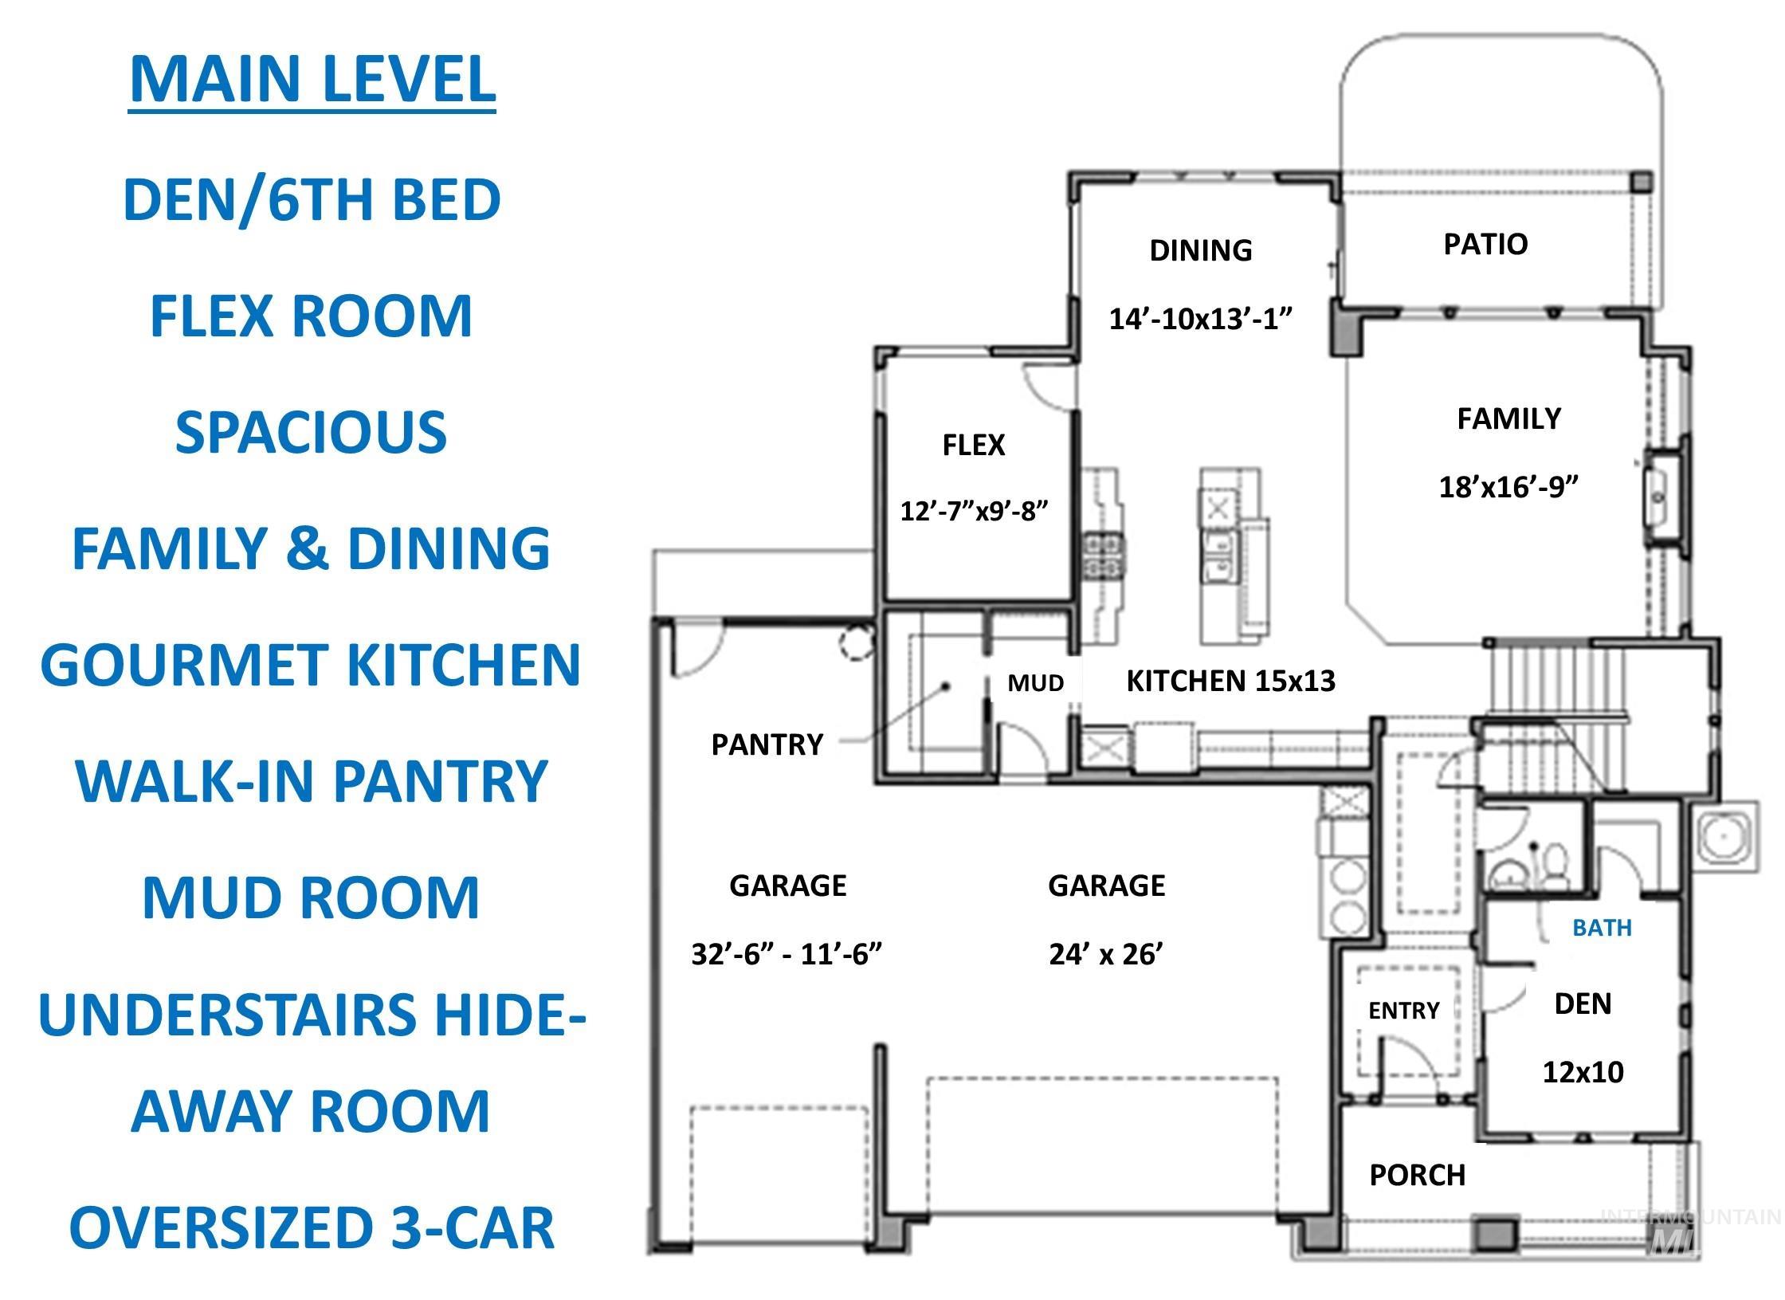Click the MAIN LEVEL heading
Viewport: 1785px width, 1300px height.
tap(312, 80)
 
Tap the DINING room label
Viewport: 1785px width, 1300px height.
tap(1200, 250)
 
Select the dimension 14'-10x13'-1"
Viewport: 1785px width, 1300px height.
tap(1200, 319)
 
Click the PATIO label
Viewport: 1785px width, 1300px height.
tap(1485, 244)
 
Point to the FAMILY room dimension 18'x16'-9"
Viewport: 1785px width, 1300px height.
tap(1508, 486)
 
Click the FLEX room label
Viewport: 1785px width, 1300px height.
tap(973, 445)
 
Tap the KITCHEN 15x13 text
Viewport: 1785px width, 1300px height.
tap(1230, 681)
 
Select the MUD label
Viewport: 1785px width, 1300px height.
tap(1035, 683)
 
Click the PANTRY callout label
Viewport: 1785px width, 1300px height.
tap(767, 744)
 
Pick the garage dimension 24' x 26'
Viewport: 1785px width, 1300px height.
tap(1106, 954)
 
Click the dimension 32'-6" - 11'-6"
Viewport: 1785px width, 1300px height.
tap(787, 954)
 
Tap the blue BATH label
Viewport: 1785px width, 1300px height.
tap(1602, 928)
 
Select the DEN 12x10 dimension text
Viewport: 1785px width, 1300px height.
tap(1583, 1072)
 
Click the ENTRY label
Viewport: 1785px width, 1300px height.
tap(1403, 1011)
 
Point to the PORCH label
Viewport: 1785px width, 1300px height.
tap(1417, 1175)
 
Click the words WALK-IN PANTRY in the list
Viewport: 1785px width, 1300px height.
tap(311, 781)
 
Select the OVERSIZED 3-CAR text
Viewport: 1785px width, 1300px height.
tap(311, 1228)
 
